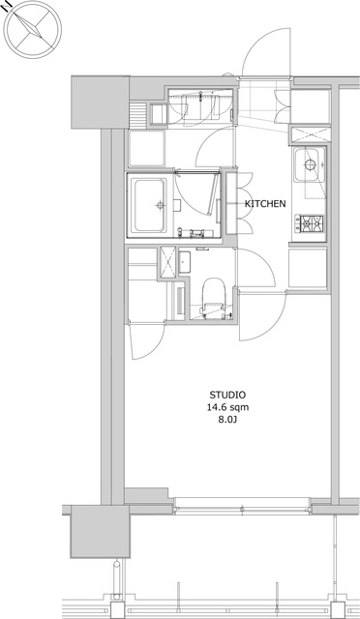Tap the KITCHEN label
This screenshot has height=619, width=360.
[265, 204]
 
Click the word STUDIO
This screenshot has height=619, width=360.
[227, 395]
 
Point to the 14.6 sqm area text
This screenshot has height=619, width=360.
[228, 407]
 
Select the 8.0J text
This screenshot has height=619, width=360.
[228, 420]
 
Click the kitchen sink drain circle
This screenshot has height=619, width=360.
[311, 163]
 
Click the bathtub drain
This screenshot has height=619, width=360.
[160, 205]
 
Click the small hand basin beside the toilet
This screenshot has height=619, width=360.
[185, 261]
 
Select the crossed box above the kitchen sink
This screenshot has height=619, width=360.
[311, 135]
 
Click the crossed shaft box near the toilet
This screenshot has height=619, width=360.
[167, 261]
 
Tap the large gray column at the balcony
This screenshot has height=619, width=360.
[100, 531]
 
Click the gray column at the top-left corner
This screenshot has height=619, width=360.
[100, 102]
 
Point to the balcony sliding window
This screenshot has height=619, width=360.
[242, 505]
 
